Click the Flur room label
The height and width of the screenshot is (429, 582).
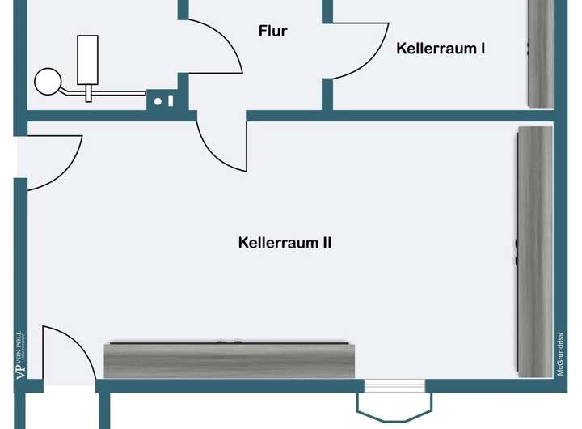273,32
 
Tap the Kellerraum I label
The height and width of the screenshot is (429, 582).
441,49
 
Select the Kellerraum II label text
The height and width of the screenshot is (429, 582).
285,242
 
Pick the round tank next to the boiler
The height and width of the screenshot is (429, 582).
48,80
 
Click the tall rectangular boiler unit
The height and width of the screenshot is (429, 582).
88,60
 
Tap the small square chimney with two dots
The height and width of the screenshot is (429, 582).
163,101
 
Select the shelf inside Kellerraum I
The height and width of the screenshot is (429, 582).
541,53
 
